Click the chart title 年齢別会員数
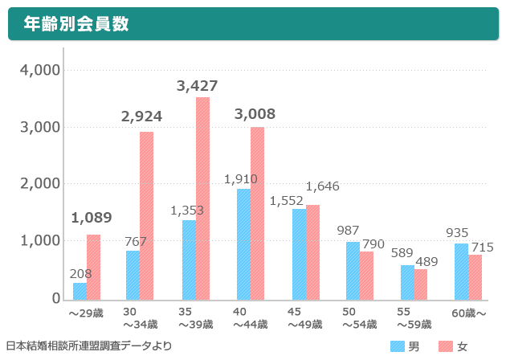tap(76, 24)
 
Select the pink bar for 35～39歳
tap(202, 198)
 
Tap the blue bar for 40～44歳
tap(243, 243)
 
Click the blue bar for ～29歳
tap(80, 290)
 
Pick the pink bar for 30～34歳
tap(147, 215)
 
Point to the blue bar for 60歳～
tap(461, 271)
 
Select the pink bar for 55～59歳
tap(421, 284)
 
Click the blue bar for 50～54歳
tap(353, 270)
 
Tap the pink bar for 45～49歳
tap(312, 252)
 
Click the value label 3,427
tap(198, 86)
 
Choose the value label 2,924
tap(142, 117)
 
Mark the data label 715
tap(481, 247)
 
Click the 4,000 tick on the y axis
tap(39, 70)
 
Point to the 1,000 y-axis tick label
tap(39, 241)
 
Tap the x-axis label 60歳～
tap(468, 312)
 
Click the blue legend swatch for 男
tap(398, 346)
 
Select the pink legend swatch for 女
tap(446, 346)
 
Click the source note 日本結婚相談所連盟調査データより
tap(88, 346)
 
